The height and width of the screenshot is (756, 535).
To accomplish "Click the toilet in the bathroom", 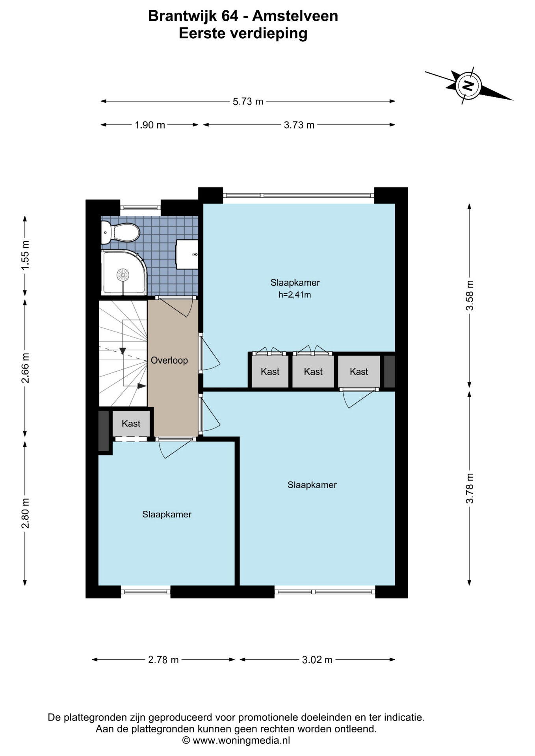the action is pyautogui.click(x=120, y=232).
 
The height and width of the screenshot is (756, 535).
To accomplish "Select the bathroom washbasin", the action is pyautogui.click(x=187, y=254).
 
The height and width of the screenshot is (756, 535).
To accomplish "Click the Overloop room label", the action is pyautogui.click(x=169, y=360).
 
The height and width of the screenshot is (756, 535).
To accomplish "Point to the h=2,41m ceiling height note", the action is pyautogui.click(x=295, y=295).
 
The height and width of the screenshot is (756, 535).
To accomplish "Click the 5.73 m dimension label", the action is pyautogui.click(x=248, y=102).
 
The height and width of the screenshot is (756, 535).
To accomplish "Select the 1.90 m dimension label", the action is pyautogui.click(x=150, y=125).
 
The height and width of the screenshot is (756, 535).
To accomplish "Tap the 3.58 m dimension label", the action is pyautogui.click(x=470, y=296).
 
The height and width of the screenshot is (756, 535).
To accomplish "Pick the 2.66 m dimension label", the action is pyautogui.click(x=25, y=368).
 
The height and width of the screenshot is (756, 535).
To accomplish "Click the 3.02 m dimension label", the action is pyautogui.click(x=317, y=660).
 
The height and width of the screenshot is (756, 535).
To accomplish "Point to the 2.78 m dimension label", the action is pyautogui.click(x=163, y=660).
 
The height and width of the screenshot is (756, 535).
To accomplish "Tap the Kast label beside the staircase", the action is pyautogui.click(x=131, y=424).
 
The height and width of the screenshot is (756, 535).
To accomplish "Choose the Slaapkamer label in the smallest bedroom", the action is pyautogui.click(x=167, y=514).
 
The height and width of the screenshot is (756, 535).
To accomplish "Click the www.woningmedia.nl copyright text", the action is pyautogui.click(x=236, y=740).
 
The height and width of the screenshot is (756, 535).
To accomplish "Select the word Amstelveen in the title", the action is pyautogui.click(x=295, y=16).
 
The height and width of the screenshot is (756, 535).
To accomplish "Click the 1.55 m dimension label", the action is pyautogui.click(x=25, y=256).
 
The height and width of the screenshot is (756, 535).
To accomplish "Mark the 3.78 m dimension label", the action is pyautogui.click(x=470, y=488).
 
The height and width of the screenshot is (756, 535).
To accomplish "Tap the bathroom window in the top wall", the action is pyautogui.click(x=141, y=207).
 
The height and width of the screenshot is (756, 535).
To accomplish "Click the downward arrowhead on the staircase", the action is pyautogui.click(x=123, y=350).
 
